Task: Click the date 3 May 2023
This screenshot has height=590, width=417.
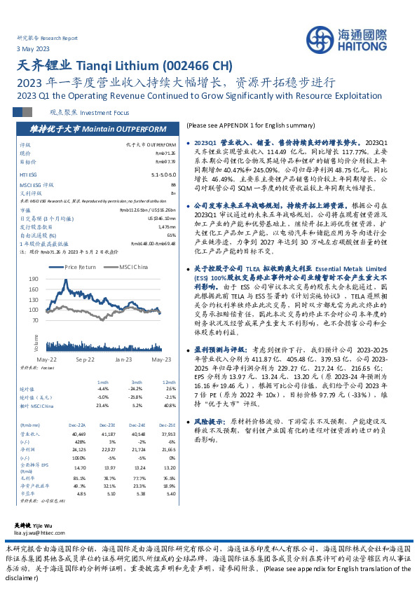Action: (33, 49)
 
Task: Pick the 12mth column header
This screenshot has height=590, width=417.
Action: (169, 382)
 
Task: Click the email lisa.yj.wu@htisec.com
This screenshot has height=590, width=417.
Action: (45, 533)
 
